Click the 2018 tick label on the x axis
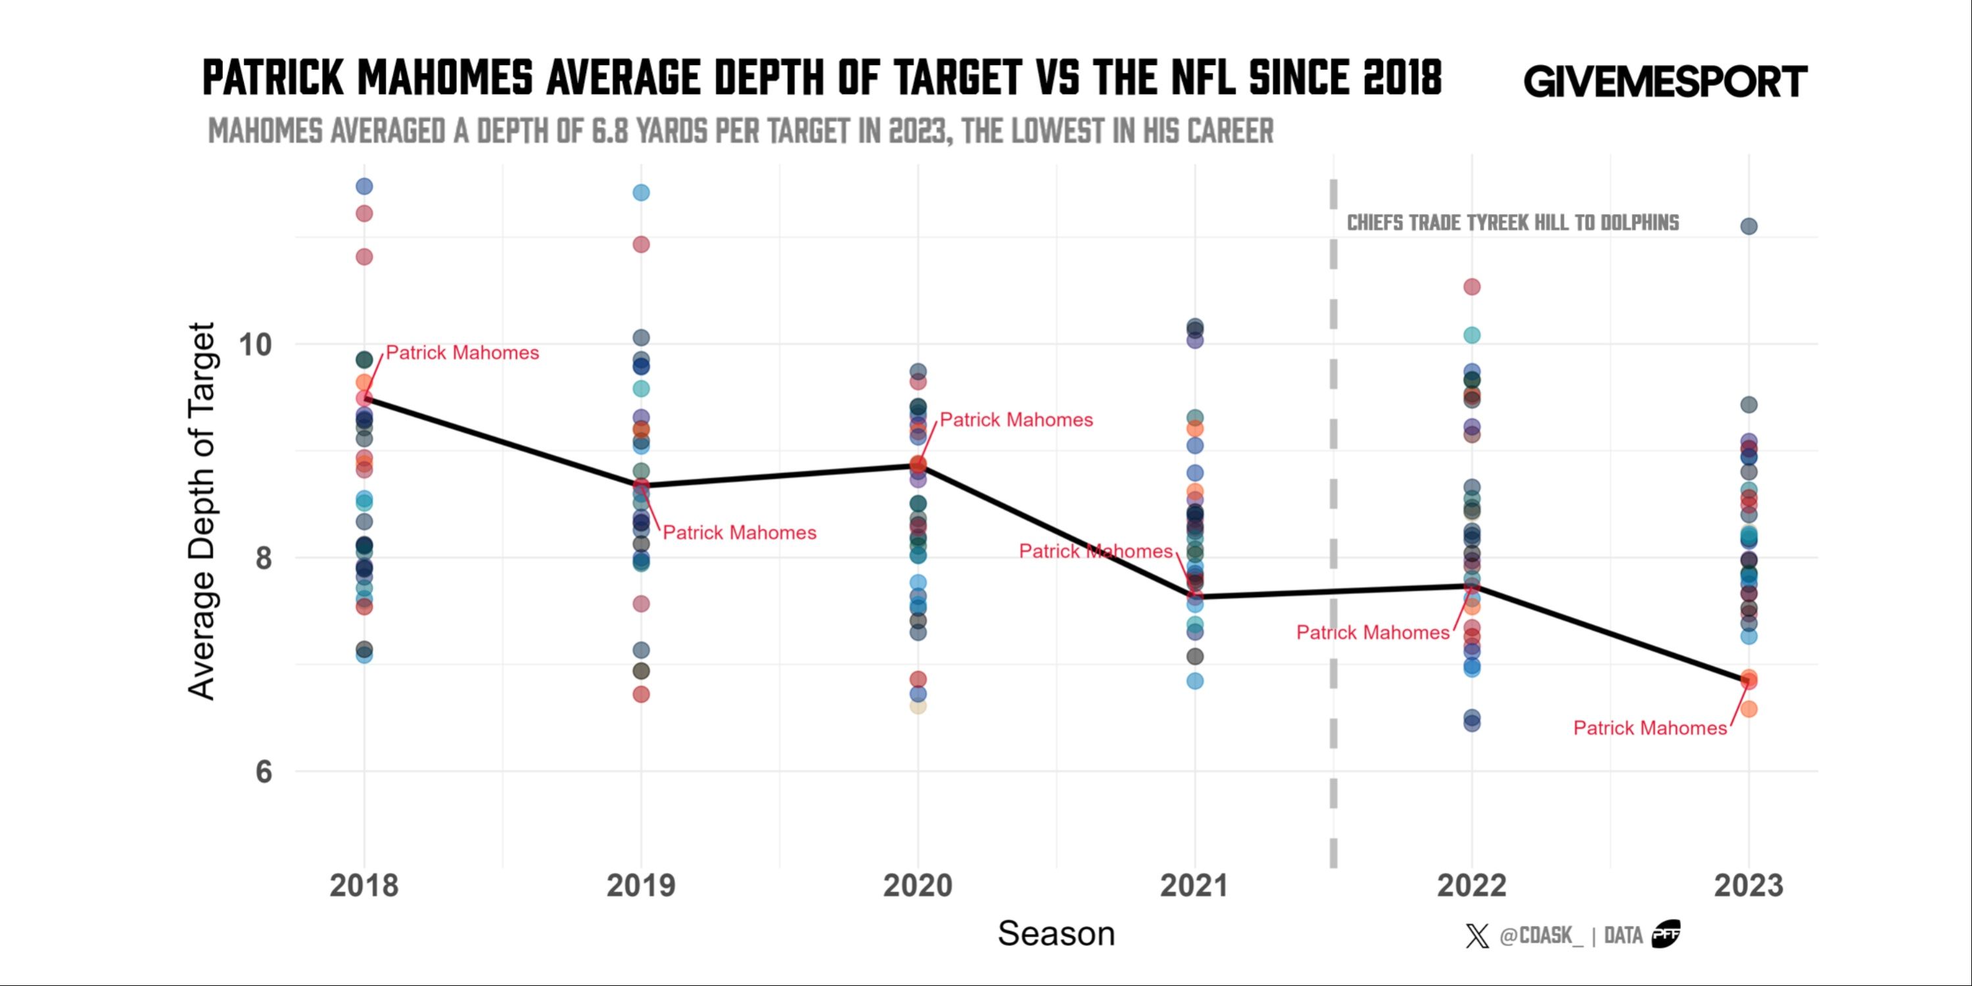(364, 885)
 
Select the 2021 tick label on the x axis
(1194, 885)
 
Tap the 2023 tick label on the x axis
(1749, 885)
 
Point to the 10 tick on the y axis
(256, 345)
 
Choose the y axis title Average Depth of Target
(202, 511)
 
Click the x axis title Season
(1056, 934)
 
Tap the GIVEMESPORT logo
(1665, 81)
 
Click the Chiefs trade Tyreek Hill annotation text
(1513, 223)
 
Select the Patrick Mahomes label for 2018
(461, 353)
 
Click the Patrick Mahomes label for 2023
(1650, 728)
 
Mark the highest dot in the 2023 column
(1749, 226)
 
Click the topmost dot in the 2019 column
(641, 192)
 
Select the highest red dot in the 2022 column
(1471, 287)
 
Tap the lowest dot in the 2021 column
(1194, 680)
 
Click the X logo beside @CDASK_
(1477, 935)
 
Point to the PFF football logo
(1666, 934)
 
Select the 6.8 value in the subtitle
(610, 131)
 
